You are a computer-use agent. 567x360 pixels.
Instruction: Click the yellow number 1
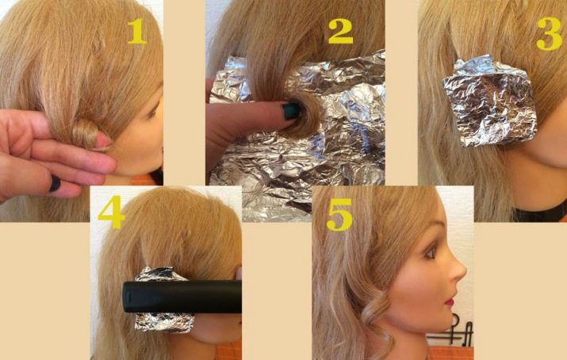click(136, 31)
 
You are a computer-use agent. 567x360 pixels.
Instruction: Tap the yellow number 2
click(340, 32)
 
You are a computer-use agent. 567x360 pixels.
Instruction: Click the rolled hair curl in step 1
click(86, 132)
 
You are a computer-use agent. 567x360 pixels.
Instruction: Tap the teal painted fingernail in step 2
click(291, 111)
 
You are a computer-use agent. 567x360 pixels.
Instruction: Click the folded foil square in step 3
click(491, 101)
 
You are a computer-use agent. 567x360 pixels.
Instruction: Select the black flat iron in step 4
click(182, 297)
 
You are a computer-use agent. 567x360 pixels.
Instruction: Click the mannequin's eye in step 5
click(431, 253)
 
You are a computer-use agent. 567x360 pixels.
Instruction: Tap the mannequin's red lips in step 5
click(450, 302)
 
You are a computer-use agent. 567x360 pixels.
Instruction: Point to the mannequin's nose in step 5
click(458, 270)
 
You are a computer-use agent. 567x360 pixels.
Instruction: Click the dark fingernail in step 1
click(55, 183)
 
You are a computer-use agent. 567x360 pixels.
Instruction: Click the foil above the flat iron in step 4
click(156, 274)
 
